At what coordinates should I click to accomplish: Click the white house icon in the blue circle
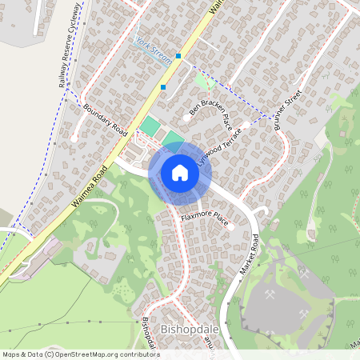(x=180, y=173)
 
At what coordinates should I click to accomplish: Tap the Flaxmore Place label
(x=205, y=217)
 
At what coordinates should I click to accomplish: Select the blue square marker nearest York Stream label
(x=178, y=56)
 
